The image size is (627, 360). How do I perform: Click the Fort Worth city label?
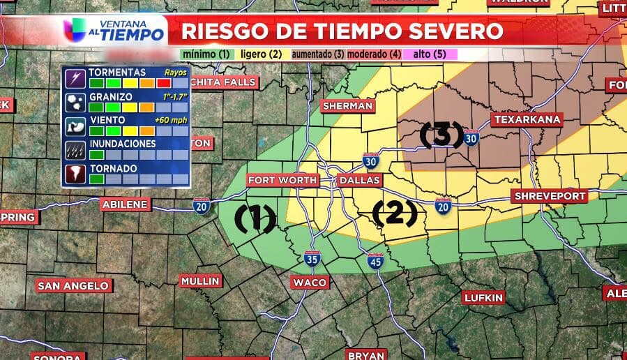pos(283,180)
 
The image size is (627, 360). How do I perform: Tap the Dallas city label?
pos(360,180)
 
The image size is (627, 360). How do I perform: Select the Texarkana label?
pos(527,119)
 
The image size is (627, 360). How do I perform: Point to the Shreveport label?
pos(550,196)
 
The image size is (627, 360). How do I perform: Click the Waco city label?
pos(310,282)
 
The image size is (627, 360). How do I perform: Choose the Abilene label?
pos(126,204)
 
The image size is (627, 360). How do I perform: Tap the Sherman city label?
pos(348,105)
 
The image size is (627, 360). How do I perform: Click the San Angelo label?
pos(73,285)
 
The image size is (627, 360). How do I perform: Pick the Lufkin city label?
pos(483,298)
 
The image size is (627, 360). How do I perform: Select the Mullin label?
pos(200,281)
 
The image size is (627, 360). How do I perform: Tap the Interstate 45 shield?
pos(376,261)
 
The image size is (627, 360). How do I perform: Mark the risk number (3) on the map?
pos(441,134)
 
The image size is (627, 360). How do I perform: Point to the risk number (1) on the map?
pos(255,218)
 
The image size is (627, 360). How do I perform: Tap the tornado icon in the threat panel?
pos(74,173)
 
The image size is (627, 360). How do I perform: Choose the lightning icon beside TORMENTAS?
pos(74,77)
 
